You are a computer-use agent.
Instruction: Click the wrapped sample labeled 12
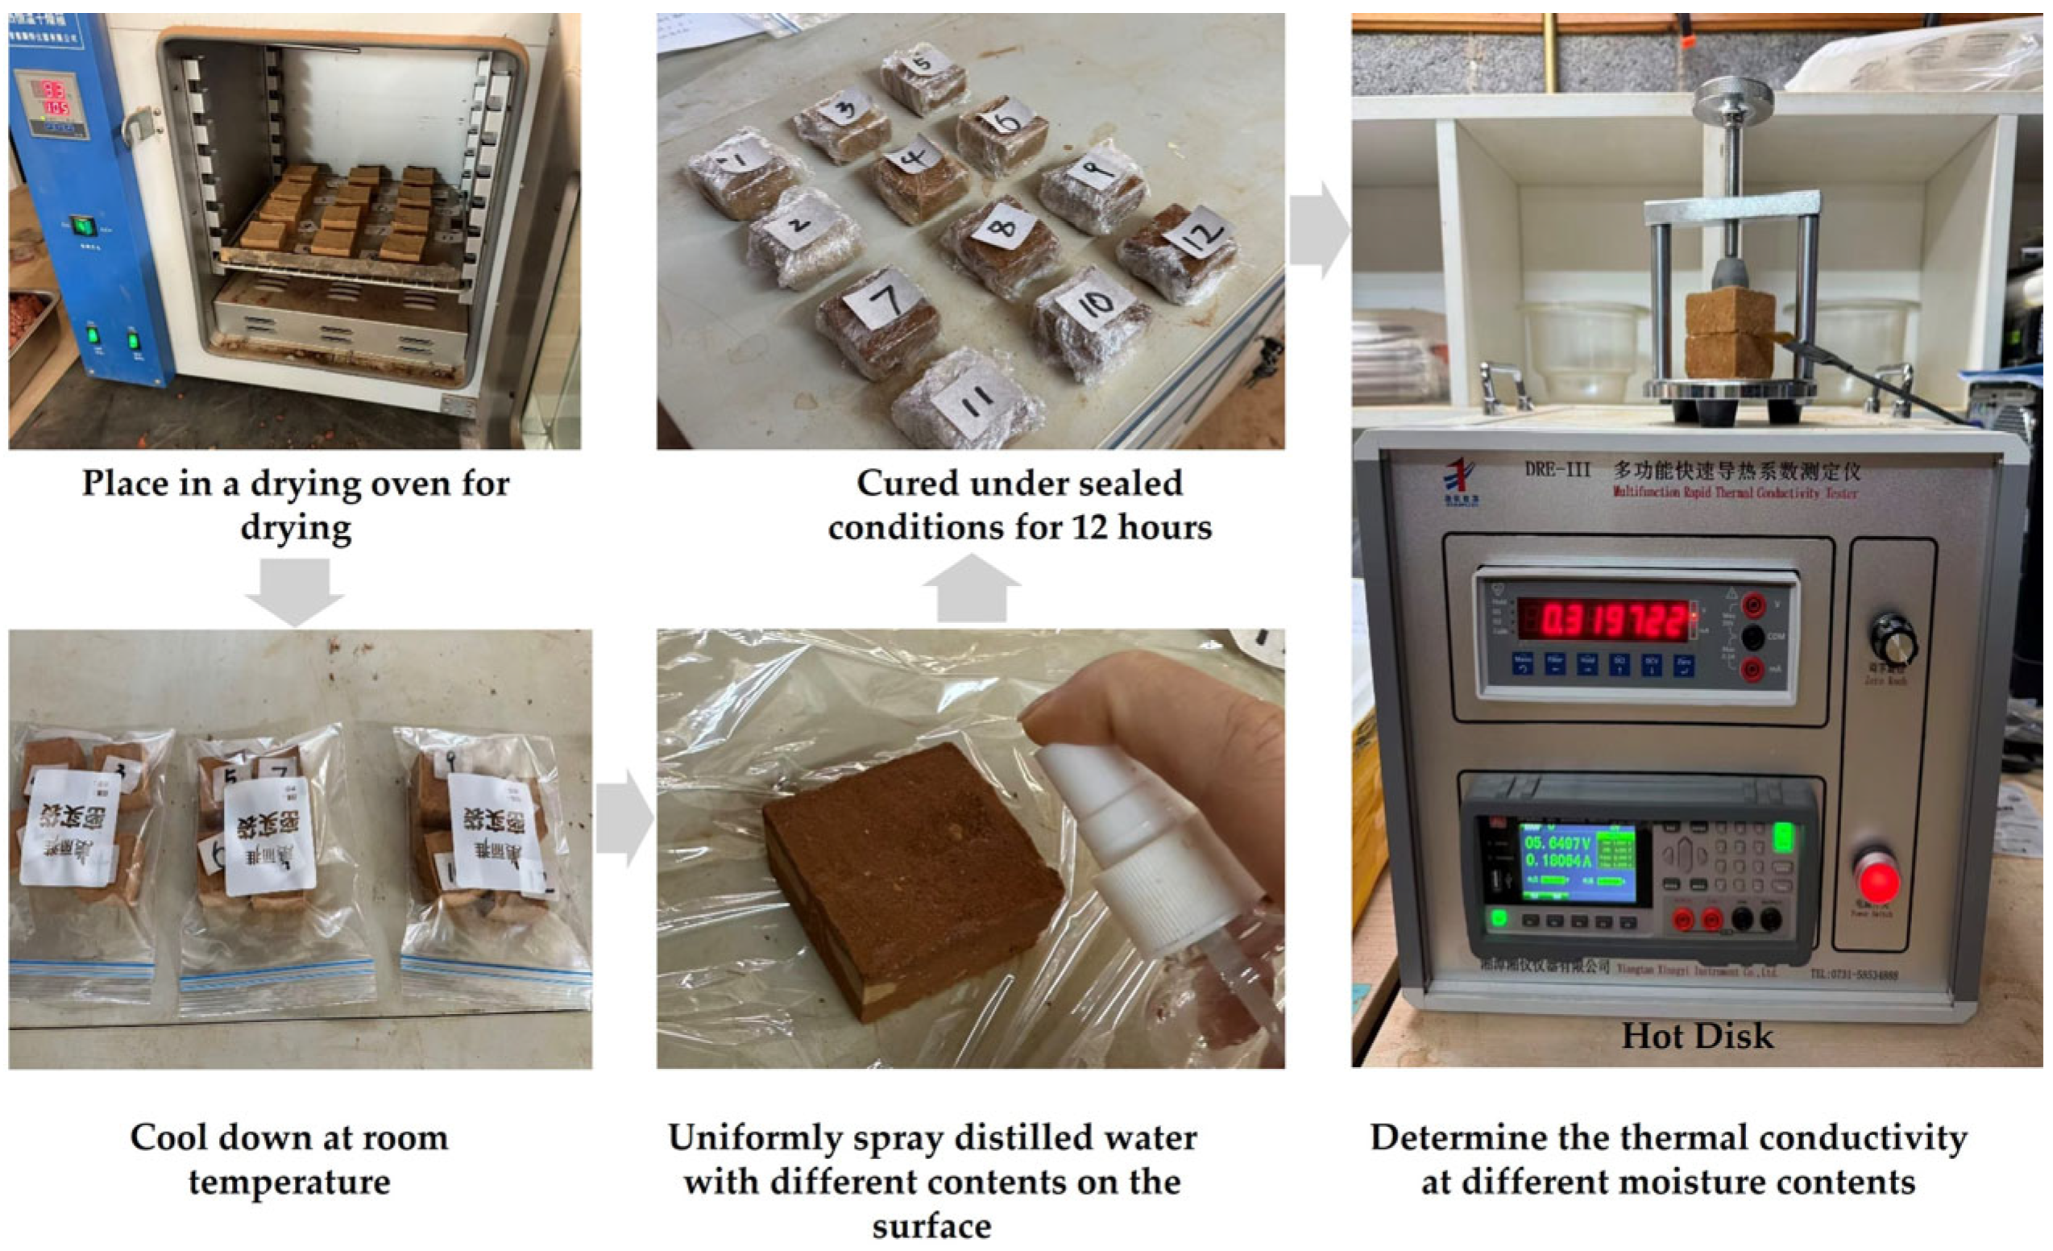coord(1176,251)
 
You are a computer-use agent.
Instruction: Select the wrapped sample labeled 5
coord(923,77)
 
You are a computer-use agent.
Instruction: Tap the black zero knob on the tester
coord(1891,638)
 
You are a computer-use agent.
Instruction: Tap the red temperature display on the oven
coord(54,96)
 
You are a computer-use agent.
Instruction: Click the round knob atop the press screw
coord(1733,98)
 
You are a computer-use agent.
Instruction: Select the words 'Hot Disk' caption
coord(1697,1036)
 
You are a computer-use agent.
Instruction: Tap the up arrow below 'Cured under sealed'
coord(972,588)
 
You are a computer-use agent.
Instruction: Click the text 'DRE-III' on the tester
coord(1557,469)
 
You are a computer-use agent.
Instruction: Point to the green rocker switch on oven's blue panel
coord(81,226)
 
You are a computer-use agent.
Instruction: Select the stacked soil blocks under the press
coord(1729,333)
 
